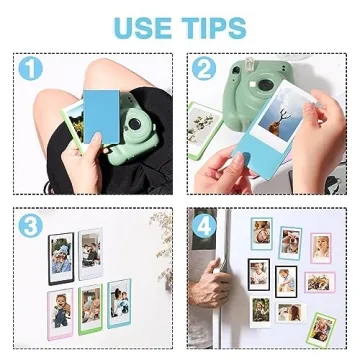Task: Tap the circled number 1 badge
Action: [x=33, y=71]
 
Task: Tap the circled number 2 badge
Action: [x=207, y=71]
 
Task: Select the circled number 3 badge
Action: [x=33, y=224]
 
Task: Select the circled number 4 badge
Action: [x=207, y=224]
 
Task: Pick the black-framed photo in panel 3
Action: [x=60, y=256]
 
